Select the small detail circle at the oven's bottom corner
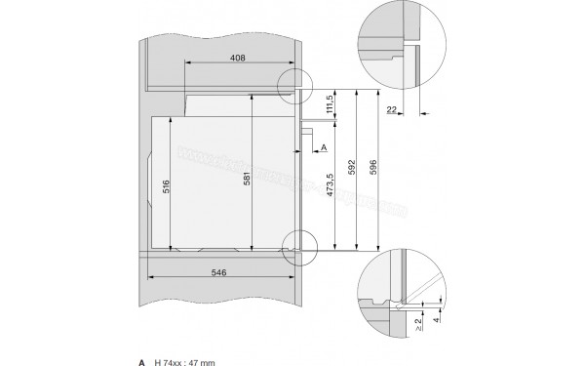[x=298, y=246]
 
